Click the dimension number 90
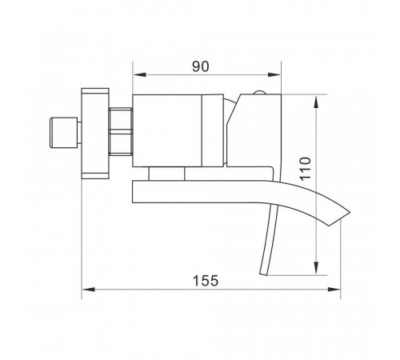pos(201,66)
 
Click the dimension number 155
pos(206,281)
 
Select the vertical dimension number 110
pos(306,169)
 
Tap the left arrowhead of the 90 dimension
pos(139,74)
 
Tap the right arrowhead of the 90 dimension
pos(274,74)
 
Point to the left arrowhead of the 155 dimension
pos(88,290)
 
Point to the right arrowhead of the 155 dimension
pos(334,290)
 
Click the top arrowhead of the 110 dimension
pos(316,102)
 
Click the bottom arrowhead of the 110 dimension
pos(316,268)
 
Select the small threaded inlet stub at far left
pos(64,132)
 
